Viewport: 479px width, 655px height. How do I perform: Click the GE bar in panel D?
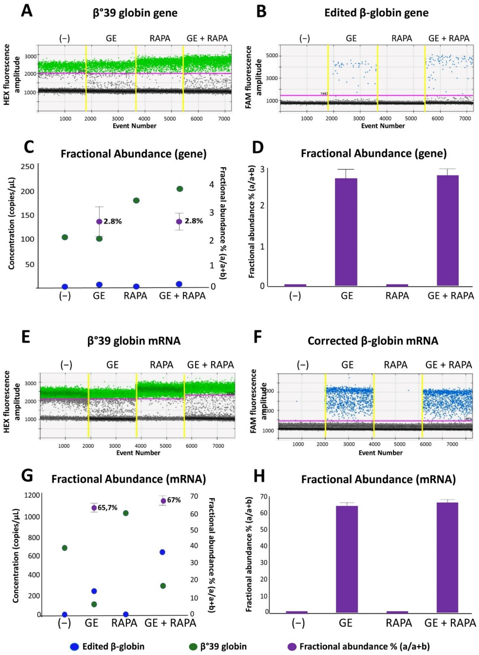tap(346, 232)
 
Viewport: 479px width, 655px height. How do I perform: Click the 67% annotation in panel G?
tap(174, 500)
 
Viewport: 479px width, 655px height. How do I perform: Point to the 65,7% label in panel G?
tap(107, 508)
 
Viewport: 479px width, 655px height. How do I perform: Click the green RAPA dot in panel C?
tap(136, 200)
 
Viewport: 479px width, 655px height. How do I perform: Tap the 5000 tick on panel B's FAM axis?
tap(272, 56)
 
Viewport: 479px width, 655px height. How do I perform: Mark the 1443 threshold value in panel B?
tap(324, 93)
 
